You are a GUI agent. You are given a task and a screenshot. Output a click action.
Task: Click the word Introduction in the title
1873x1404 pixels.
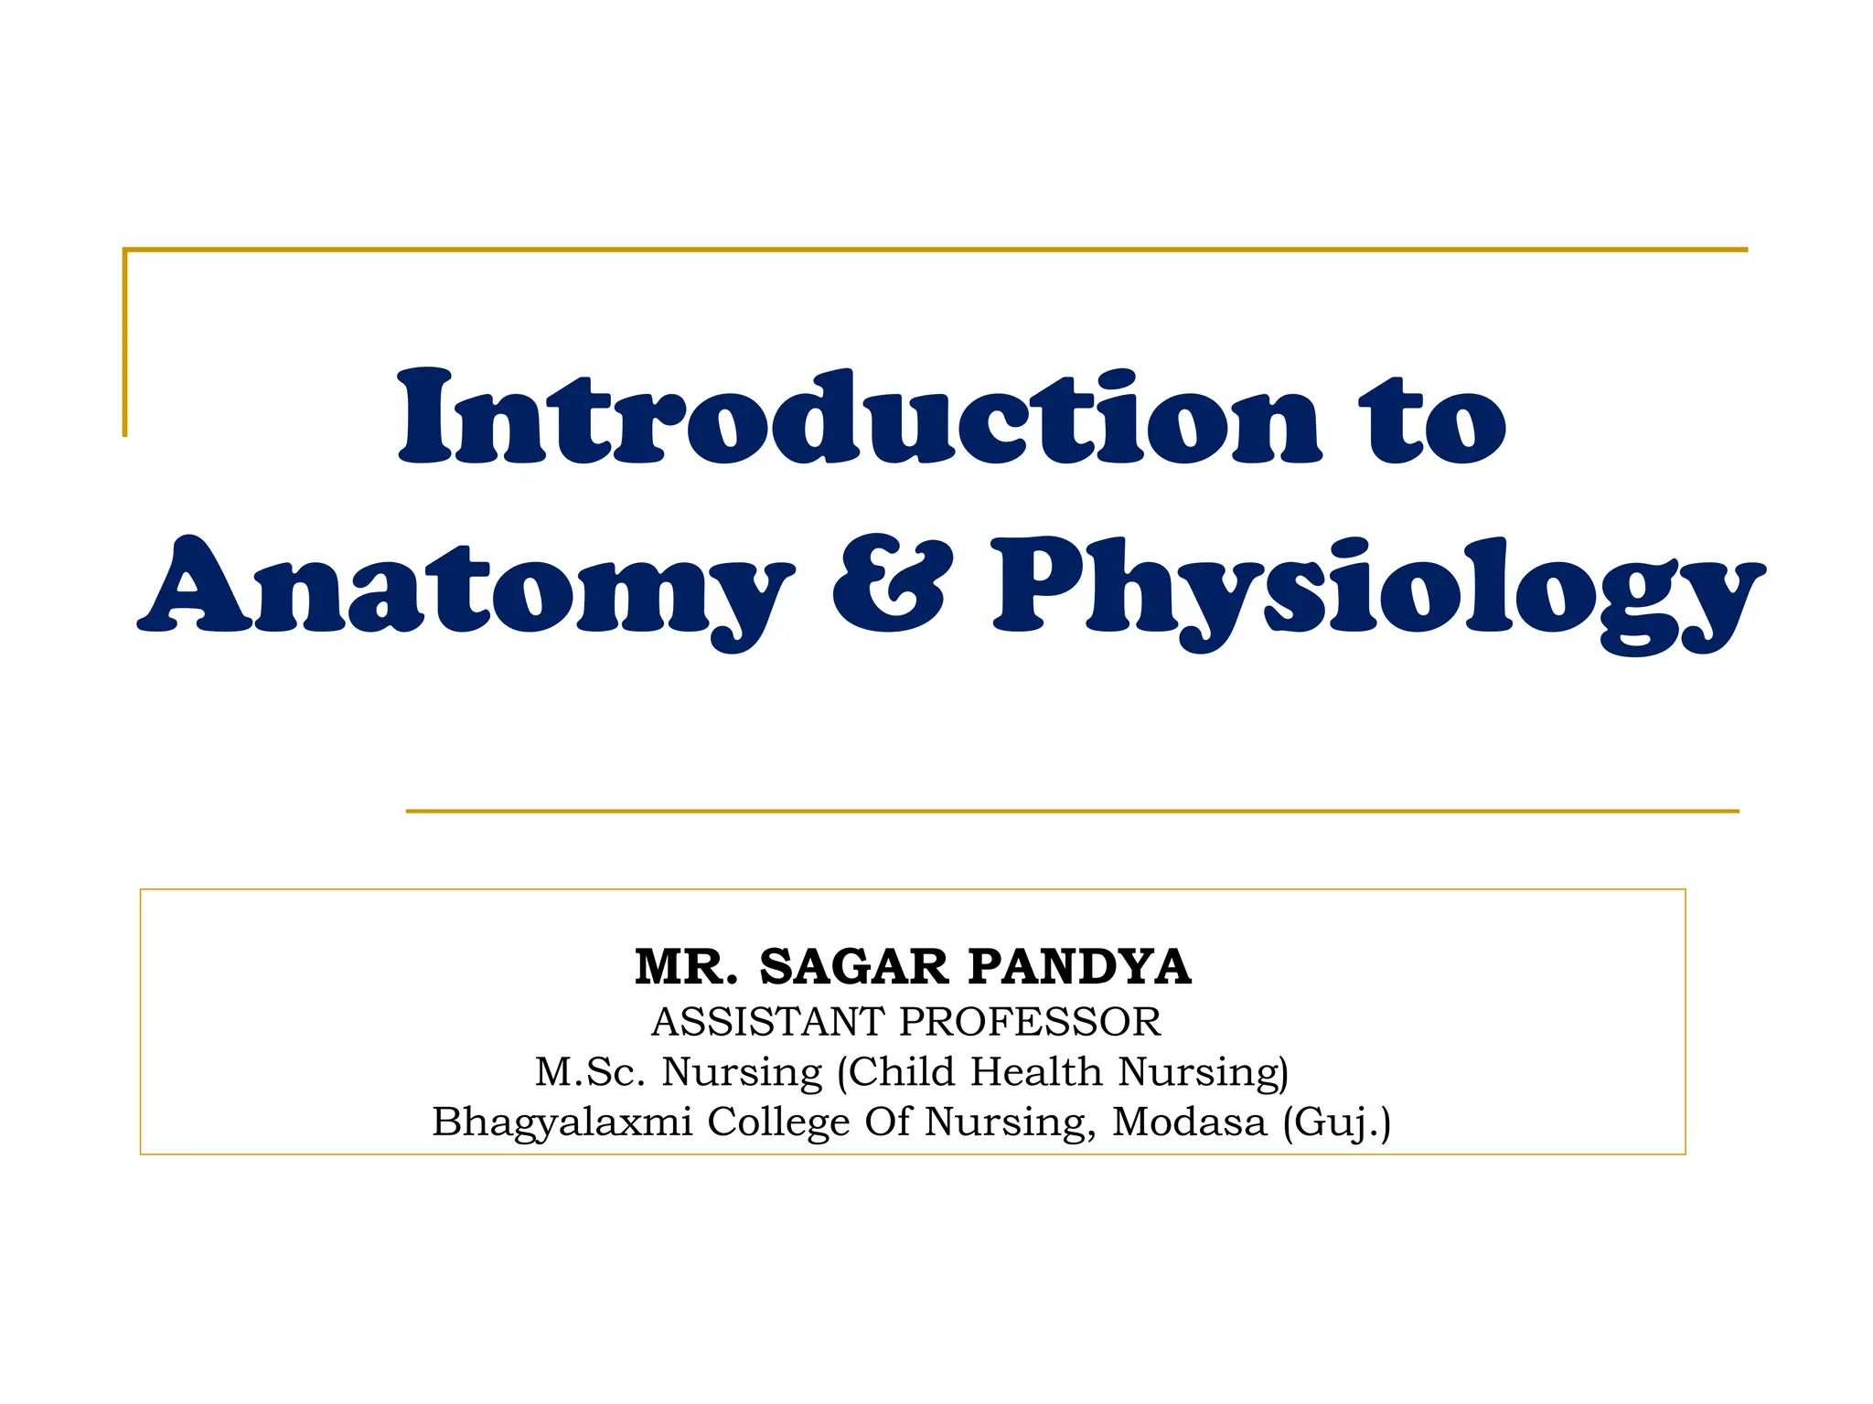point(860,418)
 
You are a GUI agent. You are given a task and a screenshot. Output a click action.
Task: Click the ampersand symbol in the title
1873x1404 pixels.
point(889,585)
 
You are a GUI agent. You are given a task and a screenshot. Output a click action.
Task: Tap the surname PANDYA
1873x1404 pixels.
point(1079,967)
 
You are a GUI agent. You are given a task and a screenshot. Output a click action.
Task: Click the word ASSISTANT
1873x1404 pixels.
point(768,1022)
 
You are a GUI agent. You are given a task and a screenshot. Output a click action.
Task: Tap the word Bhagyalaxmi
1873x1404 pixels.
point(562,1122)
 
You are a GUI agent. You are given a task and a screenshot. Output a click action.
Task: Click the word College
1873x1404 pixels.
point(778,1122)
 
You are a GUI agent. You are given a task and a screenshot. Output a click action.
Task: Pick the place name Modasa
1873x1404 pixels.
point(1189,1122)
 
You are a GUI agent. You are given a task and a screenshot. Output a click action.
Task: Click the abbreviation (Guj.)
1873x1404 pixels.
point(1336,1122)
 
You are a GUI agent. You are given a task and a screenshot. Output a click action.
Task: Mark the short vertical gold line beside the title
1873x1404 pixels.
point(125,343)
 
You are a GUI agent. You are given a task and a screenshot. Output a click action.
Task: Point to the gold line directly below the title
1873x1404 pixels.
point(1072,811)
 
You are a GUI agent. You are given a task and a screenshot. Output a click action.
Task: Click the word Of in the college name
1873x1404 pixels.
point(887,1122)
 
